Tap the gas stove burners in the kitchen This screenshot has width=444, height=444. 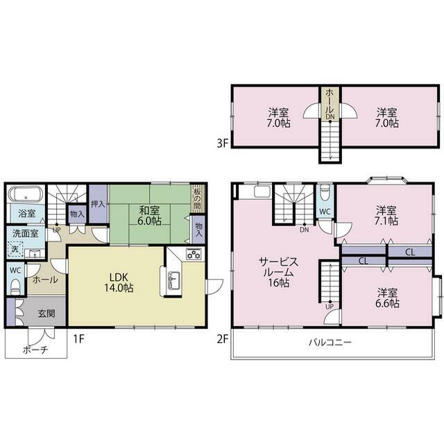click(x=194, y=253)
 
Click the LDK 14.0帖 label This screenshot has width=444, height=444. click(x=119, y=282)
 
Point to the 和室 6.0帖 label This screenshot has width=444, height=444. click(x=150, y=216)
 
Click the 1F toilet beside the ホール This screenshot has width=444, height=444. click(x=15, y=286)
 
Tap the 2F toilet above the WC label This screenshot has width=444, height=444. click(x=325, y=192)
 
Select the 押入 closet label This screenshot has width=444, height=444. click(x=98, y=204)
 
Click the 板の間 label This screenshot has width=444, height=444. click(x=197, y=198)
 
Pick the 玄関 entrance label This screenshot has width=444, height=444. click(x=46, y=313)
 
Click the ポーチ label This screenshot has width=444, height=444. click(x=35, y=350)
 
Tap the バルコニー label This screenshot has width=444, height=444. click(x=330, y=342)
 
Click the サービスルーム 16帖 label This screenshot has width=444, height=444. click(x=279, y=272)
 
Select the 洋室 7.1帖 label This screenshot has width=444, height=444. click(x=386, y=216)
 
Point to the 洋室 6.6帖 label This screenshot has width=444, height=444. click(x=387, y=298)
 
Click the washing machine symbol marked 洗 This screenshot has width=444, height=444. click(x=15, y=249)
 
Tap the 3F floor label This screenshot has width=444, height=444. click(x=222, y=144)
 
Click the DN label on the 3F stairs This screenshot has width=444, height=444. click(x=330, y=117)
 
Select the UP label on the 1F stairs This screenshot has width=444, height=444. click(x=57, y=230)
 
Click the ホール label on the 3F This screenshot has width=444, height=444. click(x=330, y=101)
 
